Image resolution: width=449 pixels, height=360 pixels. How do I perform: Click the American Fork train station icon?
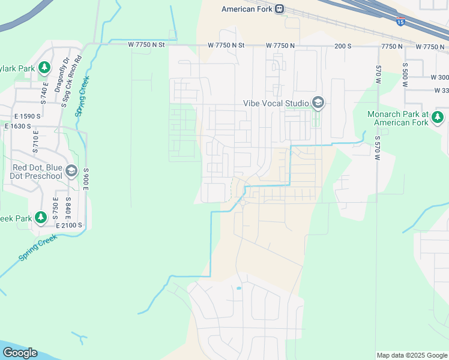pyautogui.click(x=279, y=9)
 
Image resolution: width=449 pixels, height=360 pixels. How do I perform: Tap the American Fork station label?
pyautogui.click(x=247, y=9)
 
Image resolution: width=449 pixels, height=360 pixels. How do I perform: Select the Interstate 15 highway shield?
pyautogui.click(x=400, y=22)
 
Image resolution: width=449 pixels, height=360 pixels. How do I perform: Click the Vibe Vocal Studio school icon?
pyautogui.click(x=318, y=103)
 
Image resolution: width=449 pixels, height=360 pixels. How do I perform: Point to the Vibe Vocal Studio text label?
pyautogui.click(x=276, y=103)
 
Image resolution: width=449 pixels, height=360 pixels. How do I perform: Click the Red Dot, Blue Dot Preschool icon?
pyautogui.click(x=71, y=172)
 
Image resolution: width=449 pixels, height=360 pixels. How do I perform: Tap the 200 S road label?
pyautogui.click(x=342, y=46)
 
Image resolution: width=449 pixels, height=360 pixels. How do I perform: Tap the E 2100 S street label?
pyautogui.click(x=68, y=225)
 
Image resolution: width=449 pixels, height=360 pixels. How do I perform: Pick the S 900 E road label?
pyautogui.click(x=86, y=179)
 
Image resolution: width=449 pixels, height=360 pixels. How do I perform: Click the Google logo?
pyautogui.click(x=20, y=353)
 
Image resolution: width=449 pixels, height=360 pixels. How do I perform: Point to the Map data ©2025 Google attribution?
pyautogui.click(x=411, y=355)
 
